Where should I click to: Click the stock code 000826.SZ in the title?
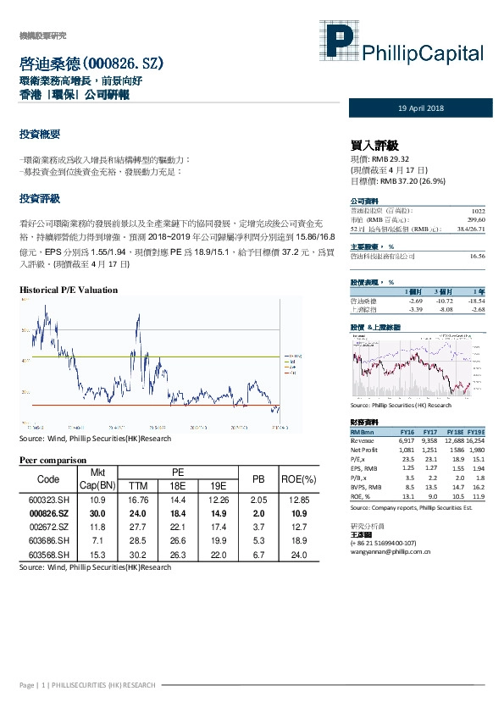click(118, 64)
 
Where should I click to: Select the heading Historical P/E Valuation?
click(69, 290)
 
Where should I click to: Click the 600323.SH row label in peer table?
click(43, 500)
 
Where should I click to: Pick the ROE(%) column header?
click(299, 478)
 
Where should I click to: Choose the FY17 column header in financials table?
click(429, 432)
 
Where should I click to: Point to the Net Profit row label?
click(366, 450)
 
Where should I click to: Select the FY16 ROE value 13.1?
click(407, 497)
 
